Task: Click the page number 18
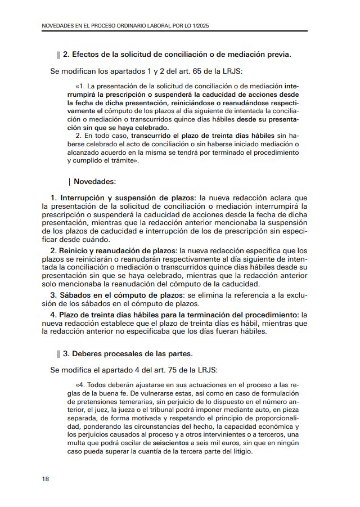45,479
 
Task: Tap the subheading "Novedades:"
94,182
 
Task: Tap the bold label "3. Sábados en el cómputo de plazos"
117,295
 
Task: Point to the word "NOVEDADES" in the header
60,26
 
